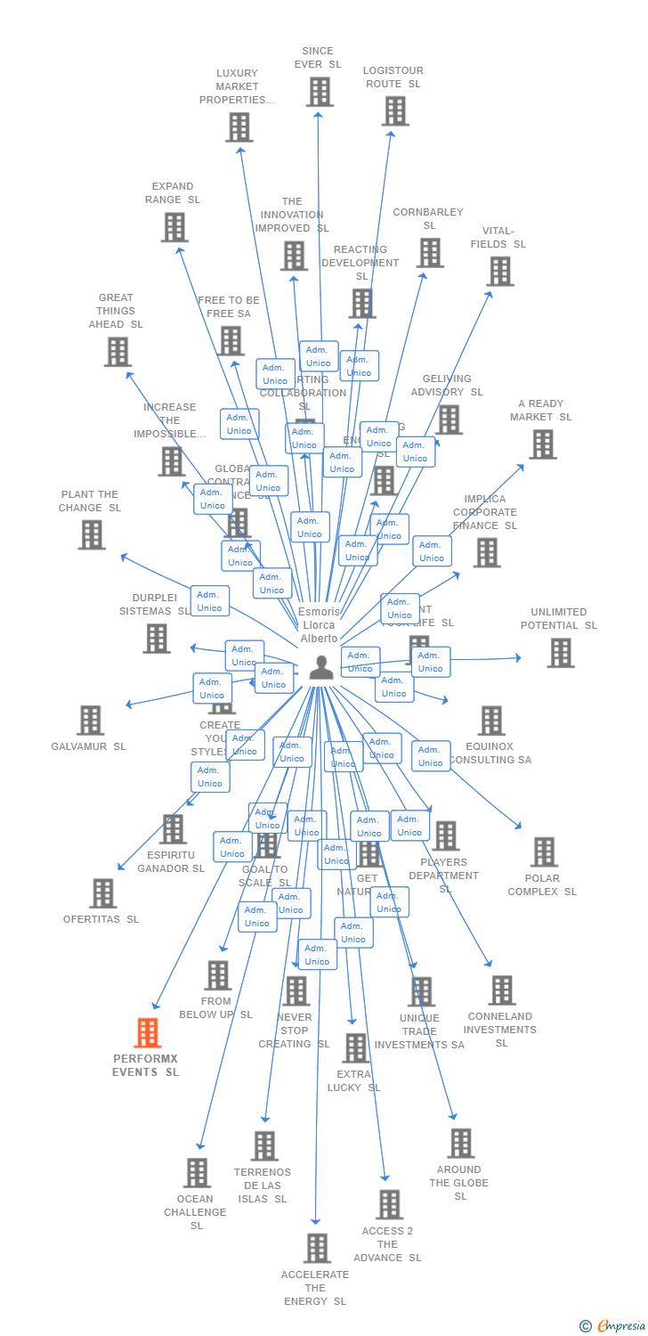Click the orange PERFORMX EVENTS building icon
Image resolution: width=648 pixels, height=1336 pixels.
click(x=148, y=1033)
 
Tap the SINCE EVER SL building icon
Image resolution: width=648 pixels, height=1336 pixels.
click(x=320, y=92)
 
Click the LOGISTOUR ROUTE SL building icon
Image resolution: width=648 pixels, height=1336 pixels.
click(x=395, y=111)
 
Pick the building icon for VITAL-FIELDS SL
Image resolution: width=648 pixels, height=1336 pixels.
click(x=500, y=272)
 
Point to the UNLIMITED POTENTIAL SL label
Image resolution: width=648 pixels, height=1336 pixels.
click(x=559, y=619)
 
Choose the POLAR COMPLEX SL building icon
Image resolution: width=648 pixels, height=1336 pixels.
click(x=544, y=852)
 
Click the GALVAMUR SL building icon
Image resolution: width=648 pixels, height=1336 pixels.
click(x=90, y=721)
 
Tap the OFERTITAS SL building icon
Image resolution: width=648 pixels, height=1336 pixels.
click(x=103, y=893)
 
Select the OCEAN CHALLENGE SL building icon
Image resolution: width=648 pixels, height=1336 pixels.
click(x=198, y=1173)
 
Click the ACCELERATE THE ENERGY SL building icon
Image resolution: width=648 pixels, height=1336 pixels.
click(x=317, y=1249)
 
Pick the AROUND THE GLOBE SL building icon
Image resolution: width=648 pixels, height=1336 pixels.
click(x=460, y=1144)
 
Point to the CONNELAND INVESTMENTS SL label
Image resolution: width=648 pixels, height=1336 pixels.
click(x=501, y=1030)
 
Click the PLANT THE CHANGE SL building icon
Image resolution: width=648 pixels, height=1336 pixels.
click(x=92, y=535)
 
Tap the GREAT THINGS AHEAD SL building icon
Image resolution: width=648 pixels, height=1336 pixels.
click(x=117, y=352)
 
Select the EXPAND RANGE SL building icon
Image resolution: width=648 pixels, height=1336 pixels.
click(x=174, y=227)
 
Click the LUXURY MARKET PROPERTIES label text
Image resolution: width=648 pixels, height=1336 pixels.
click(x=237, y=86)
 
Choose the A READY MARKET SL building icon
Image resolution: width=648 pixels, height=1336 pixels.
click(x=542, y=444)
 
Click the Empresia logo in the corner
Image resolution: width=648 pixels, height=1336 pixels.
click(x=614, y=1326)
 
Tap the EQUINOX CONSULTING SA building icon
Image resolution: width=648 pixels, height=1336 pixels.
click(x=491, y=721)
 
